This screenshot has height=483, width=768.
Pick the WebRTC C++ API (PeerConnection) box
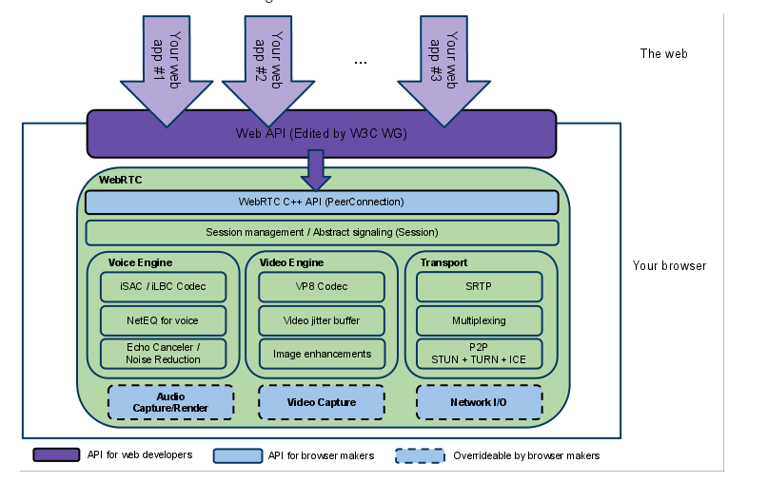click(x=321, y=203)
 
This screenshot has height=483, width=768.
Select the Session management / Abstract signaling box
click(x=321, y=232)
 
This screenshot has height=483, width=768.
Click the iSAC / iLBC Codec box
click(x=163, y=286)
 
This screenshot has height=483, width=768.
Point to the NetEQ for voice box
click(x=163, y=320)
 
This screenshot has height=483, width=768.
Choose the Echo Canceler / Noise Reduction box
click(x=163, y=354)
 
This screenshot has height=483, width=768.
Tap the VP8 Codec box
click(x=321, y=286)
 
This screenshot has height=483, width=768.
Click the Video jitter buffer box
click(x=321, y=320)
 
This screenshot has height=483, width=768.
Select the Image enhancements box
click(x=321, y=354)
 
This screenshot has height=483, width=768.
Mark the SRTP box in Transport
click(x=480, y=286)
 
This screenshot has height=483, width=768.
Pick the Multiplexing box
click(x=480, y=320)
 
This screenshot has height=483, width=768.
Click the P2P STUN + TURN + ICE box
click(x=480, y=354)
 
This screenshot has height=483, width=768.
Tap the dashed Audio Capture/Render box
click(x=170, y=402)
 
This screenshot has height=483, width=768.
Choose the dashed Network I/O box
click(x=480, y=402)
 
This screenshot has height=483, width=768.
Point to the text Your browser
click(x=669, y=265)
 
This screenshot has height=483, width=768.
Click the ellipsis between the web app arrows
click(x=361, y=62)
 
